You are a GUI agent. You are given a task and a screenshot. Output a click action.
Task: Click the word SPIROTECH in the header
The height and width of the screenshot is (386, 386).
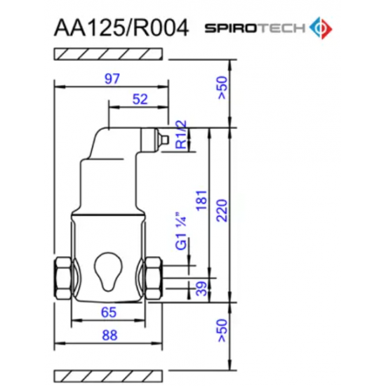click(x=255, y=28)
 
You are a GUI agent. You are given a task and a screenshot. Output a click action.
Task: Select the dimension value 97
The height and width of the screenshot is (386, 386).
click(x=112, y=79)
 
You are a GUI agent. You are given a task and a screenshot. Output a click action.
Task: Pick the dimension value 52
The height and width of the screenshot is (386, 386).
click(x=140, y=99)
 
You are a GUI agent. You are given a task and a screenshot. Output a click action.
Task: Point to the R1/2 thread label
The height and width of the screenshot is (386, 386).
click(x=180, y=135)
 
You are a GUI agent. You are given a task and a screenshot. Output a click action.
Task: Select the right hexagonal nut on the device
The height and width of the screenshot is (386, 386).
click(x=152, y=274)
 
